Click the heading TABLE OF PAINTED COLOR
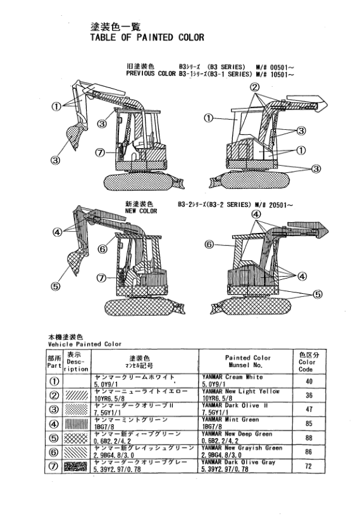(x=147, y=37)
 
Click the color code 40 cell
(x=309, y=382)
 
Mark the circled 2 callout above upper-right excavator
(x=254, y=87)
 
